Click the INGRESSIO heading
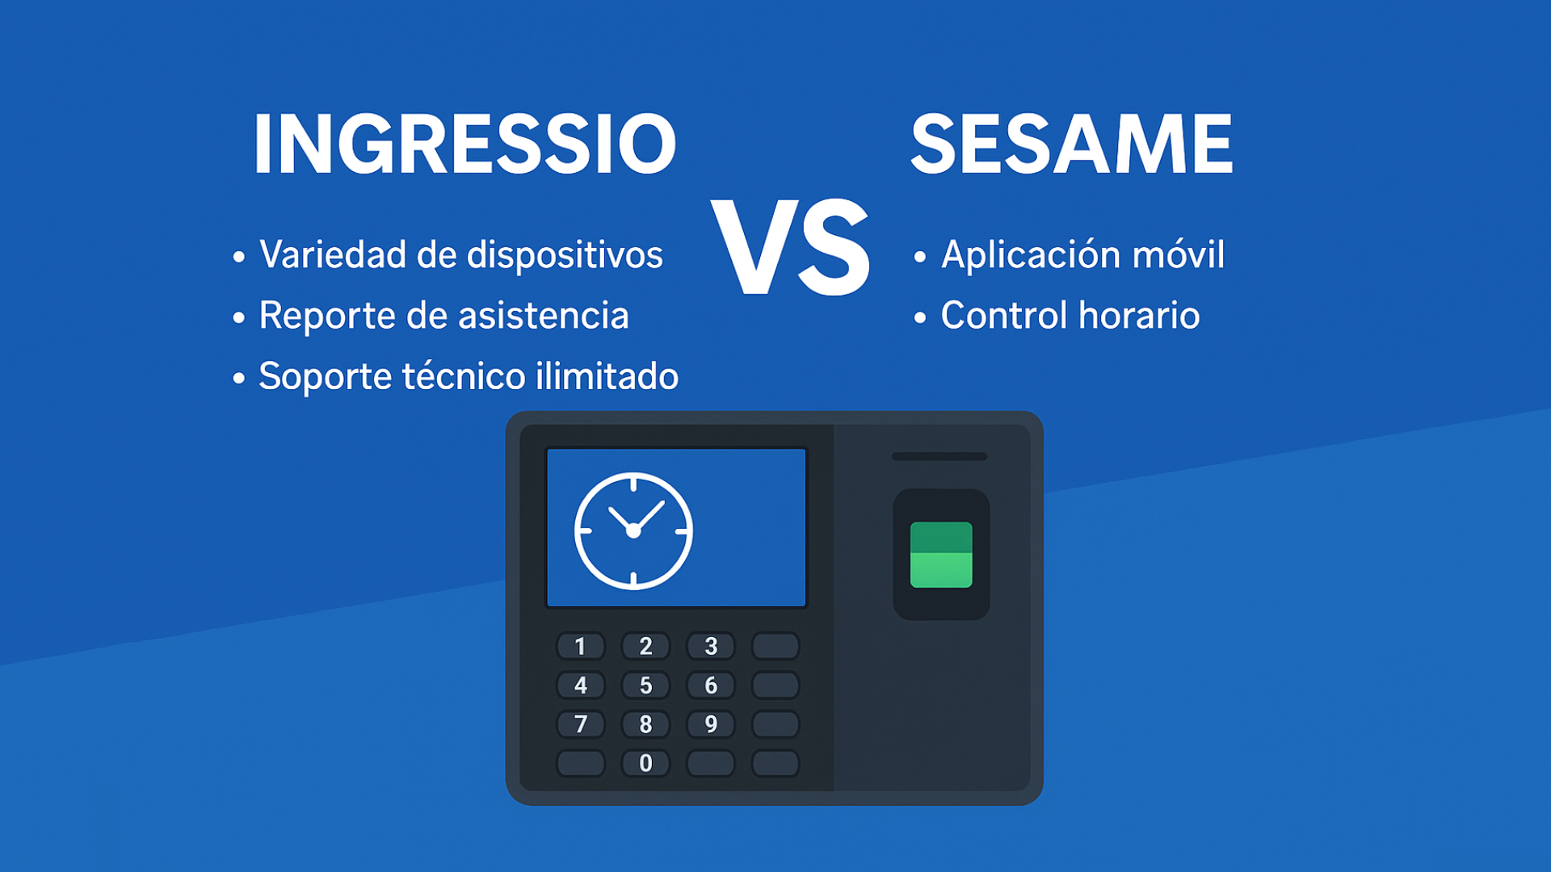coord(465,144)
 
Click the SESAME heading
coord(1072,144)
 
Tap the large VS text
coord(791,247)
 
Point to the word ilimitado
coord(607,375)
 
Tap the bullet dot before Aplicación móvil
coord(920,258)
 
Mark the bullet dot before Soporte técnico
coord(238,378)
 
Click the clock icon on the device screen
coord(633,531)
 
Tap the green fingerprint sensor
coord(941,555)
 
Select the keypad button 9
coord(711,724)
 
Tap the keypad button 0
coord(645,763)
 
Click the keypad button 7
coord(581,724)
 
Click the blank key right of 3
coord(775,646)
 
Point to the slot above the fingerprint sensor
coord(939,456)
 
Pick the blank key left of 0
coord(581,763)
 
